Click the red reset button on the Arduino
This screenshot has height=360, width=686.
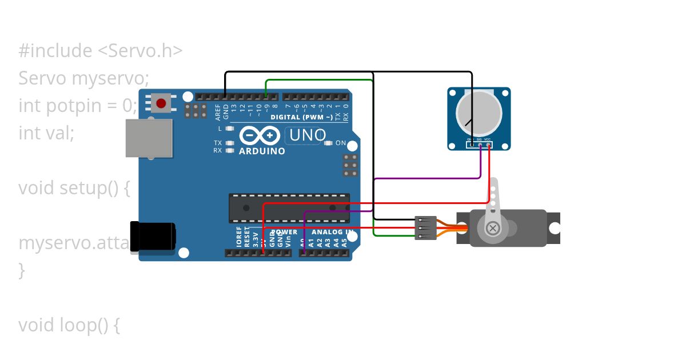(x=161, y=103)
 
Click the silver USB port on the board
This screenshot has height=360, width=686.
(x=149, y=138)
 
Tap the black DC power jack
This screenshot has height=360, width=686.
(x=153, y=237)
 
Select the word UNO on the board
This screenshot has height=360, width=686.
(x=308, y=135)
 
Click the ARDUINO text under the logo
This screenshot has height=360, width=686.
(x=262, y=151)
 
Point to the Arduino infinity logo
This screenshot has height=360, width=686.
(x=260, y=135)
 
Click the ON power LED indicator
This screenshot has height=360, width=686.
(x=328, y=143)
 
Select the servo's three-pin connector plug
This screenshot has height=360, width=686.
(x=426, y=228)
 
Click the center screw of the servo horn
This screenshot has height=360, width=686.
(x=492, y=229)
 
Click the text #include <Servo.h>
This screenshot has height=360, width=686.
(x=101, y=51)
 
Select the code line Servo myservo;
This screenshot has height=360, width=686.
(x=83, y=78)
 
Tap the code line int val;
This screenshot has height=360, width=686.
(x=46, y=133)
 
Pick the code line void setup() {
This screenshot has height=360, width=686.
(x=74, y=188)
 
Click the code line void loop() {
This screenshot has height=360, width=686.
(x=69, y=325)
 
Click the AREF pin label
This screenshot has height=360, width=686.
(x=218, y=112)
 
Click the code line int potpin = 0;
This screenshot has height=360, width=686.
(x=78, y=106)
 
